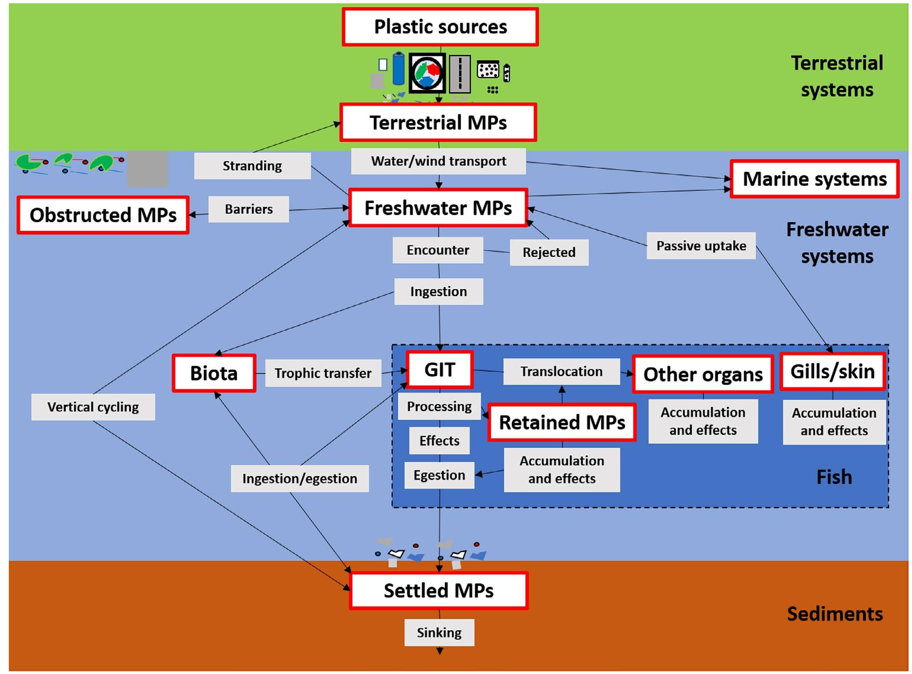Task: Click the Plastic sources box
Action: [440, 27]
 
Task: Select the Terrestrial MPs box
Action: [438, 122]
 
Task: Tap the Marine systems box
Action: [814, 179]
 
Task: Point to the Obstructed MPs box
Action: [103, 215]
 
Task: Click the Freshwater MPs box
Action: [438, 208]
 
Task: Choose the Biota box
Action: [214, 373]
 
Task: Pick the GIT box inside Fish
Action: [440, 370]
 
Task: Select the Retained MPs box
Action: [562, 422]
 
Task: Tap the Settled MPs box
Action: [438, 591]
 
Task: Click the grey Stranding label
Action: [252, 166]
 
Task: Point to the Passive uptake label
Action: [701, 246]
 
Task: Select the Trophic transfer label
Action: [323, 373]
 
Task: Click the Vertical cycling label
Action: [93, 407]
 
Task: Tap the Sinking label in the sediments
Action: [439, 632]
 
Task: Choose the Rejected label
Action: [549, 252]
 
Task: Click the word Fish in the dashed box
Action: [834, 477]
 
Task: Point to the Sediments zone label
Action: [835, 614]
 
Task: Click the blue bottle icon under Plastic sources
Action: [398, 68]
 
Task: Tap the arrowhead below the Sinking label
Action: [439, 651]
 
